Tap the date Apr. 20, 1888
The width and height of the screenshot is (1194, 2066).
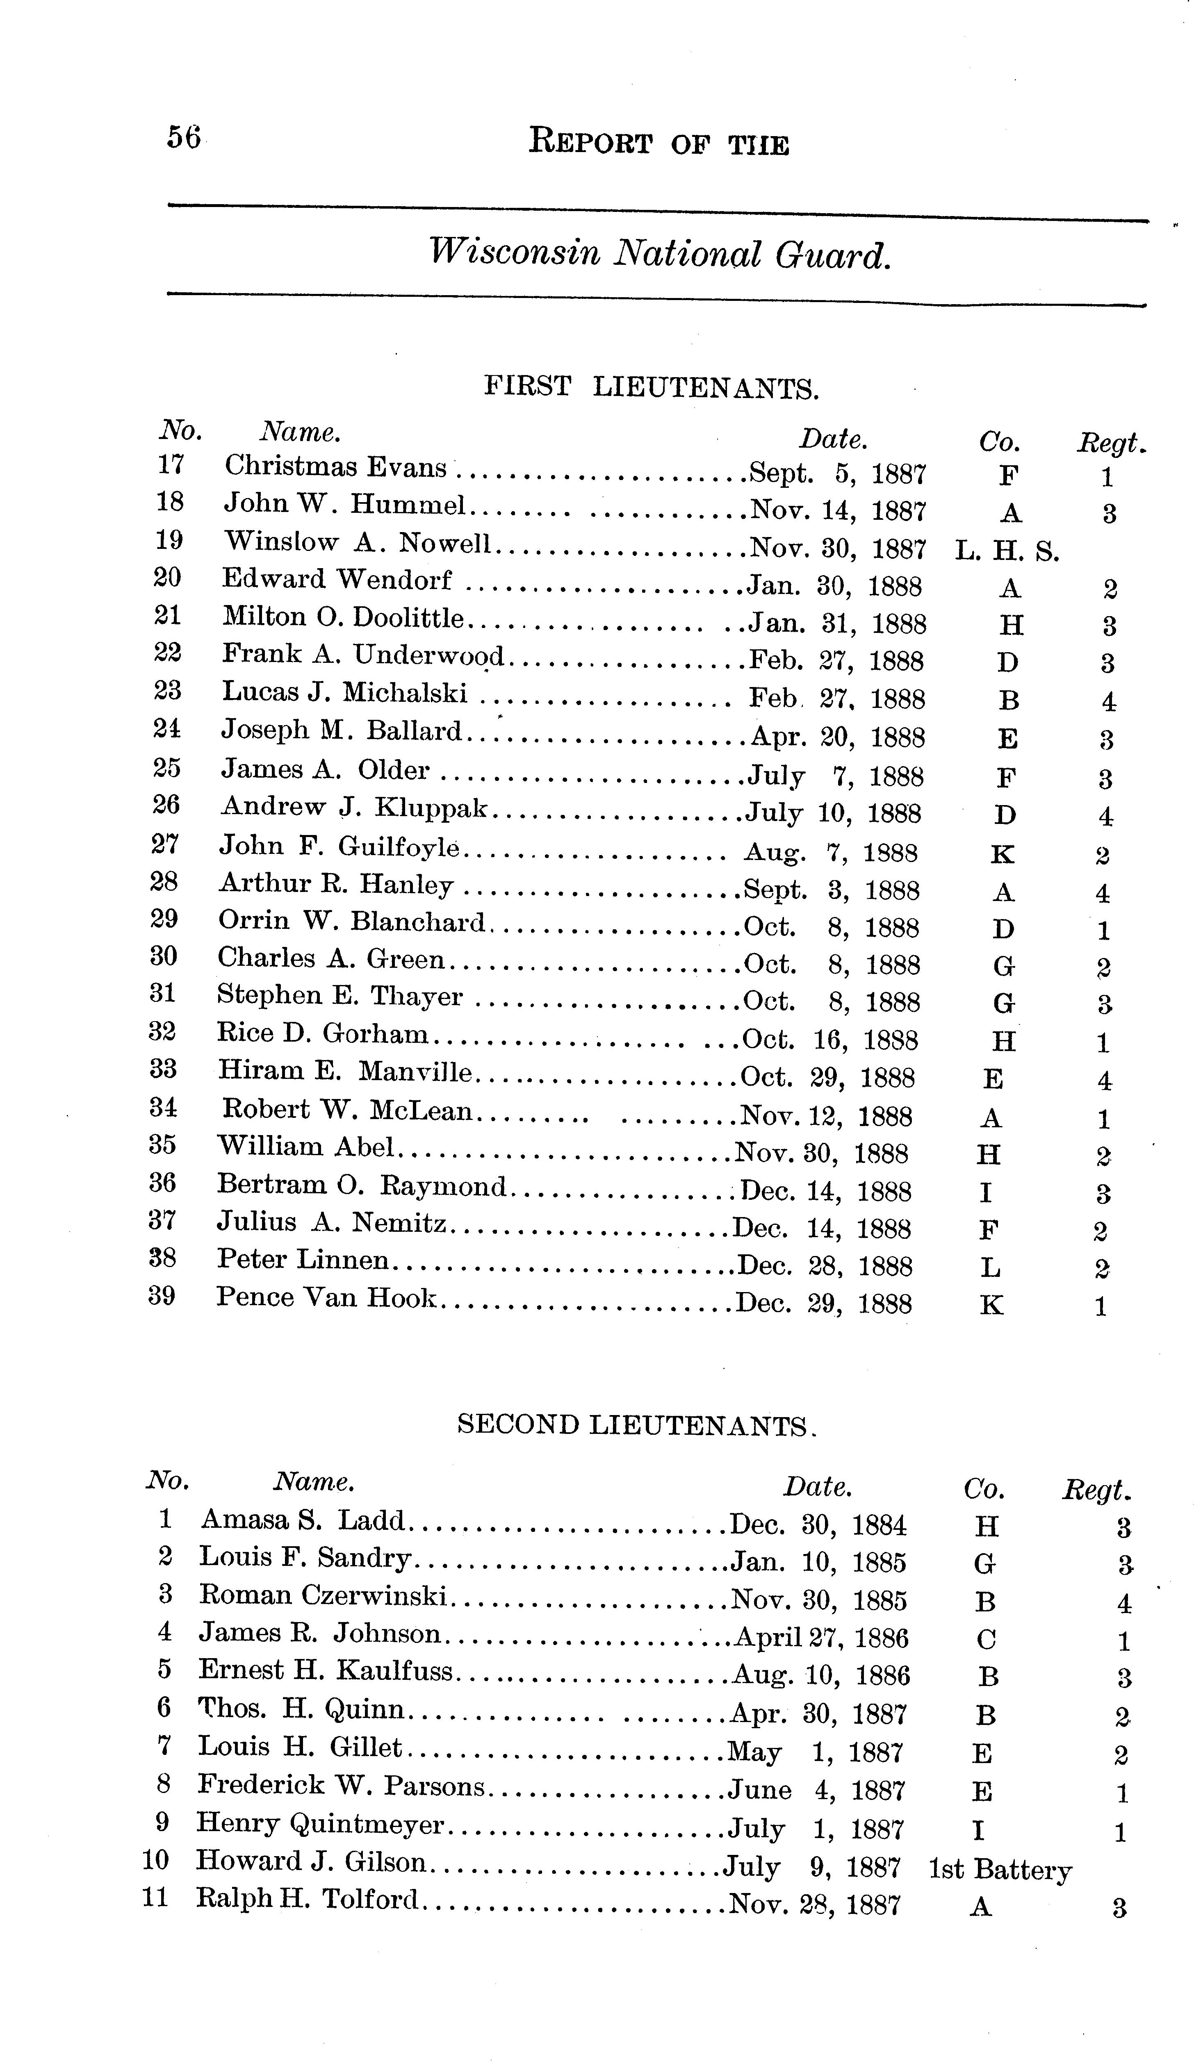click(x=837, y=738)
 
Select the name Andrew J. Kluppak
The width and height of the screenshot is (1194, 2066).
click(x=354, y=808)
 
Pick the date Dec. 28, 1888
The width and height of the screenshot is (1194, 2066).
click(x=824, y=1267)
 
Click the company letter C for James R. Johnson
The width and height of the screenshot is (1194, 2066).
click(x=987, y=1639)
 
